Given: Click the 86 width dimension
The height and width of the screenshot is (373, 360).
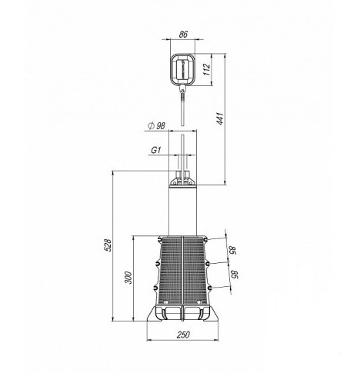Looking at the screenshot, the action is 183,35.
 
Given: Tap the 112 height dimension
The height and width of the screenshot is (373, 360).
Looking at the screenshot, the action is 207,69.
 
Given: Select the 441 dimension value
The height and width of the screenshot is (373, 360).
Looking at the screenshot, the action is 220,118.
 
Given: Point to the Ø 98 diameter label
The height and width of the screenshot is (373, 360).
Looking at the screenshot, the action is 157,126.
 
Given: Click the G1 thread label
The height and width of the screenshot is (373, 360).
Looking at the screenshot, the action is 156,150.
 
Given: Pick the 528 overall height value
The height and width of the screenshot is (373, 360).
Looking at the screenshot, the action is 108,245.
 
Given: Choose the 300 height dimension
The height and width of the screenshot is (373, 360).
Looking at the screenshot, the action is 128,278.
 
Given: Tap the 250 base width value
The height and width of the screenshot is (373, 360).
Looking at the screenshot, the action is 184,335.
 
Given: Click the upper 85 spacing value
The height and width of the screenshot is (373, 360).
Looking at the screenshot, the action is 232,250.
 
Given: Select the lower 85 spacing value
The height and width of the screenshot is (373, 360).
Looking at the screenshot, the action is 235,275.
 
